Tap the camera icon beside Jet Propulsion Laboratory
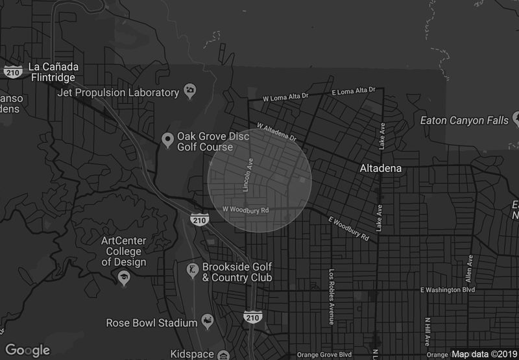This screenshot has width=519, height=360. coord(189,92)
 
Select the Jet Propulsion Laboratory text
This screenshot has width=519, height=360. coord(118,92)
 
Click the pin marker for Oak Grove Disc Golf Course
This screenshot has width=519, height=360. coord(167,139)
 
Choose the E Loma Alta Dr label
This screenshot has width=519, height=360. coord(354,90)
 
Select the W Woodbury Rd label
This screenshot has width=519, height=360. coord(245,210)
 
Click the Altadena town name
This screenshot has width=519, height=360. coord(381,168)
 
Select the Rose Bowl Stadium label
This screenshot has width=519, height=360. coord(151,322)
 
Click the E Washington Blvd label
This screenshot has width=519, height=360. coord(448,289)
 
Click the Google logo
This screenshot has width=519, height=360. coord(28,350)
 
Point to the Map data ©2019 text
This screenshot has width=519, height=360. coord(483,354)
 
